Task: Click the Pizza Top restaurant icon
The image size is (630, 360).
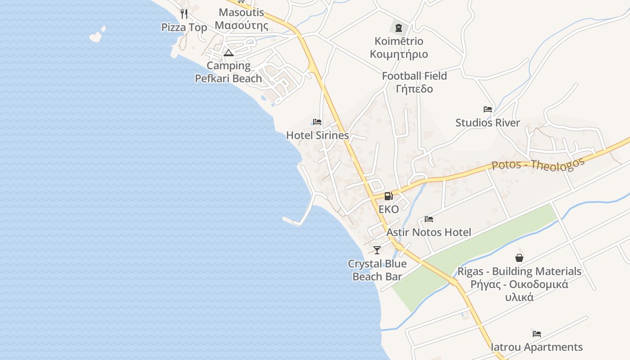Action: (x=184, y=14)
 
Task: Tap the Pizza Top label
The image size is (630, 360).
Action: (x=184, y=27)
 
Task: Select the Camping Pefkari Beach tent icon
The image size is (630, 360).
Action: (x=229, y=53)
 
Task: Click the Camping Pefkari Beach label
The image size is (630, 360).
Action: (x=228, y=72)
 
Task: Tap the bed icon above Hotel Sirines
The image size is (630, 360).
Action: (x=317, y=122)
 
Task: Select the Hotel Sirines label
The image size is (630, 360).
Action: (x=317, y=135)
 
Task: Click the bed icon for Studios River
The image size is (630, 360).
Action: (x=487, y=109)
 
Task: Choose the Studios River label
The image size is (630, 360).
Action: (x=487, y=122)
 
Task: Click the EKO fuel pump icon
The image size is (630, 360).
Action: (x=388, y=196)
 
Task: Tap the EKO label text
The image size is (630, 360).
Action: (x=388, y=209)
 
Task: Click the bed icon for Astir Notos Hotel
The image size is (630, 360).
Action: (x=429, y=219)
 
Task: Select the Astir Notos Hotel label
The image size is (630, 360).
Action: (x=429, y=232)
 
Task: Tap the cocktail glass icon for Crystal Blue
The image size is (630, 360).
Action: (x=377, y=250)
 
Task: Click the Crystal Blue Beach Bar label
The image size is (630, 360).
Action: (x=377, y=270)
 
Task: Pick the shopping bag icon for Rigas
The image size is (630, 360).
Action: (x=519, y=258)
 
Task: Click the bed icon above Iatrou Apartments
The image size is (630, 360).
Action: (x=537, y=334)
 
